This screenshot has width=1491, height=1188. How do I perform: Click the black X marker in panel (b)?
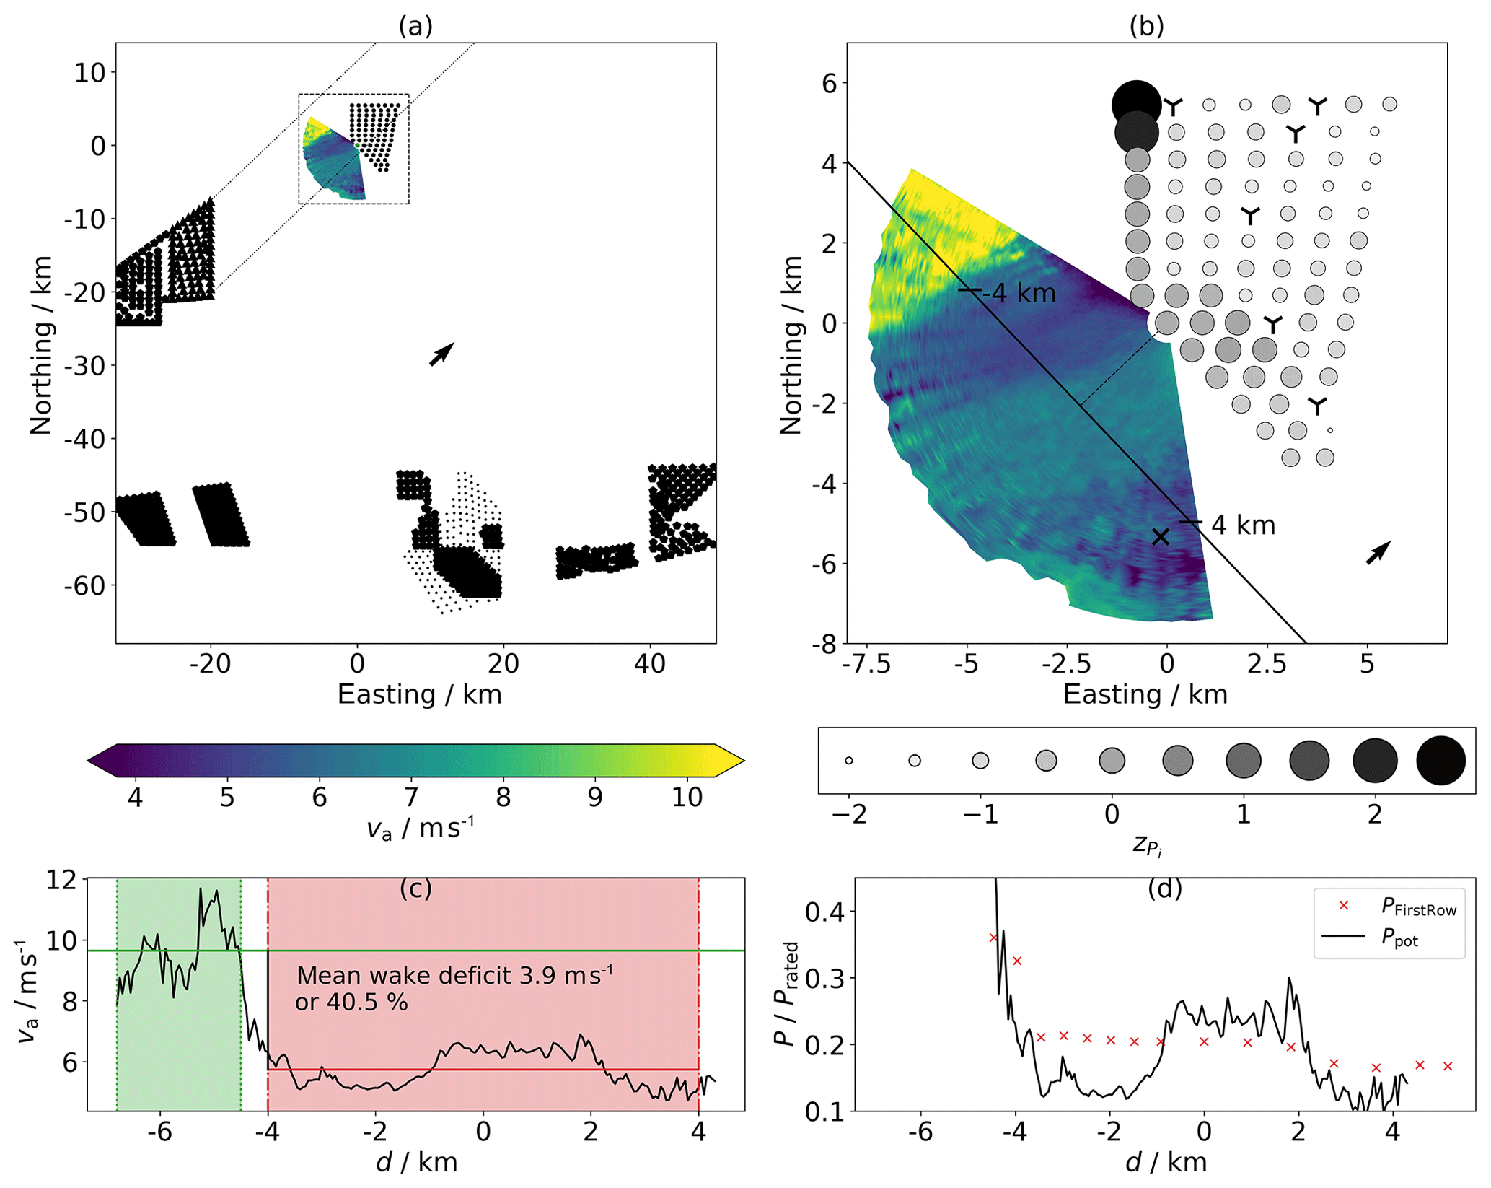pos(1160,536)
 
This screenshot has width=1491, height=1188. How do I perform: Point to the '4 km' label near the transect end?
pos(1243,525)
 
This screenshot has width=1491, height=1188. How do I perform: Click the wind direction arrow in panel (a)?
pos(441,354)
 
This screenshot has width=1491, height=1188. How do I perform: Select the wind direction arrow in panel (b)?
pos(1378,552)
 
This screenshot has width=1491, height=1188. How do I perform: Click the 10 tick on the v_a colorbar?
pos(687,798)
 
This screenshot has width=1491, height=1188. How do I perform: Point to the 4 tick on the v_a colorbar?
pos(135,798)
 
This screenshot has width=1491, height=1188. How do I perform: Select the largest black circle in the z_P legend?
pos(1441,761)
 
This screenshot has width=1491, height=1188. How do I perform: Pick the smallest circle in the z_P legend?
pos(849,761)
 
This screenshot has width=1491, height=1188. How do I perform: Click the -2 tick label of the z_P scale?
pos(849,814)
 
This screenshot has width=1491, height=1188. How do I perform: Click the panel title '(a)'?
pos(415,26)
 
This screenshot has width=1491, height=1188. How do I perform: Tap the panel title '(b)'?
pos(1146,26)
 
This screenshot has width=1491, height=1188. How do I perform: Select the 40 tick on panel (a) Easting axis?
pos(650,663)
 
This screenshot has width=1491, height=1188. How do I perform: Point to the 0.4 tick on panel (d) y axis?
pos(824,912)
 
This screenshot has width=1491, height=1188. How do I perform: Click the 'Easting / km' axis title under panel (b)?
pos(1145,694)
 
